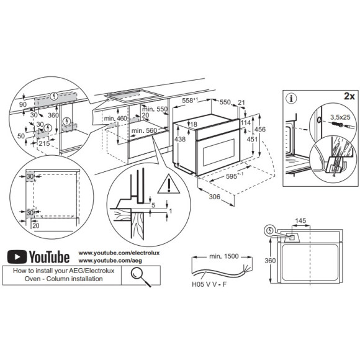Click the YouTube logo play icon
pyautogui.click(x=18, y=256)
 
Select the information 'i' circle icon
pyautogui.click(x=292, y=97)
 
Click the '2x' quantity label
pyautogui.click(x=348, y=97)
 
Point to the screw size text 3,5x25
pyautogui.click(x=341, y=116)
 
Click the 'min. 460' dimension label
pyautogui.click(x=115, y=119)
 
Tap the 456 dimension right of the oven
pyautogui.click(x=261, y=128)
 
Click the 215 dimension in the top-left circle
pyautogui.click(x=45, y=143)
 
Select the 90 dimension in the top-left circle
pyautogui.click(x=22, y=106)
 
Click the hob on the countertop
pyautogui.click(x=131, y=96)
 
